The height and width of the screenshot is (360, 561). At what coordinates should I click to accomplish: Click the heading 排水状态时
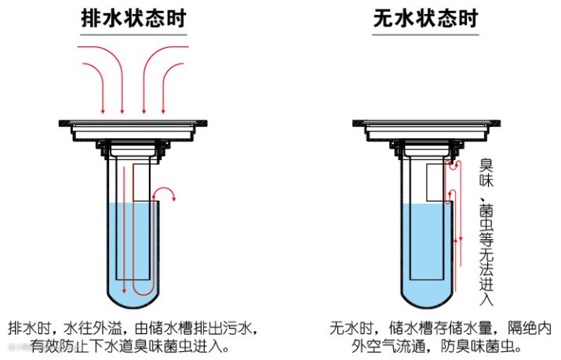click(x=134, y=18)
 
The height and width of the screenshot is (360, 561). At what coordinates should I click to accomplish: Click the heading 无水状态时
click(x=425, y=18)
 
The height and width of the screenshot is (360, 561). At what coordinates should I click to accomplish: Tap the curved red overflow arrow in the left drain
click(x=167, y=192)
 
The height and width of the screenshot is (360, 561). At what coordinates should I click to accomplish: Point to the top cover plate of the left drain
click(x=134, y=122)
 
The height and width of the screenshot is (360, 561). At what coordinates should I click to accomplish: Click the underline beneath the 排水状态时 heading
click(x=134, y=35)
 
